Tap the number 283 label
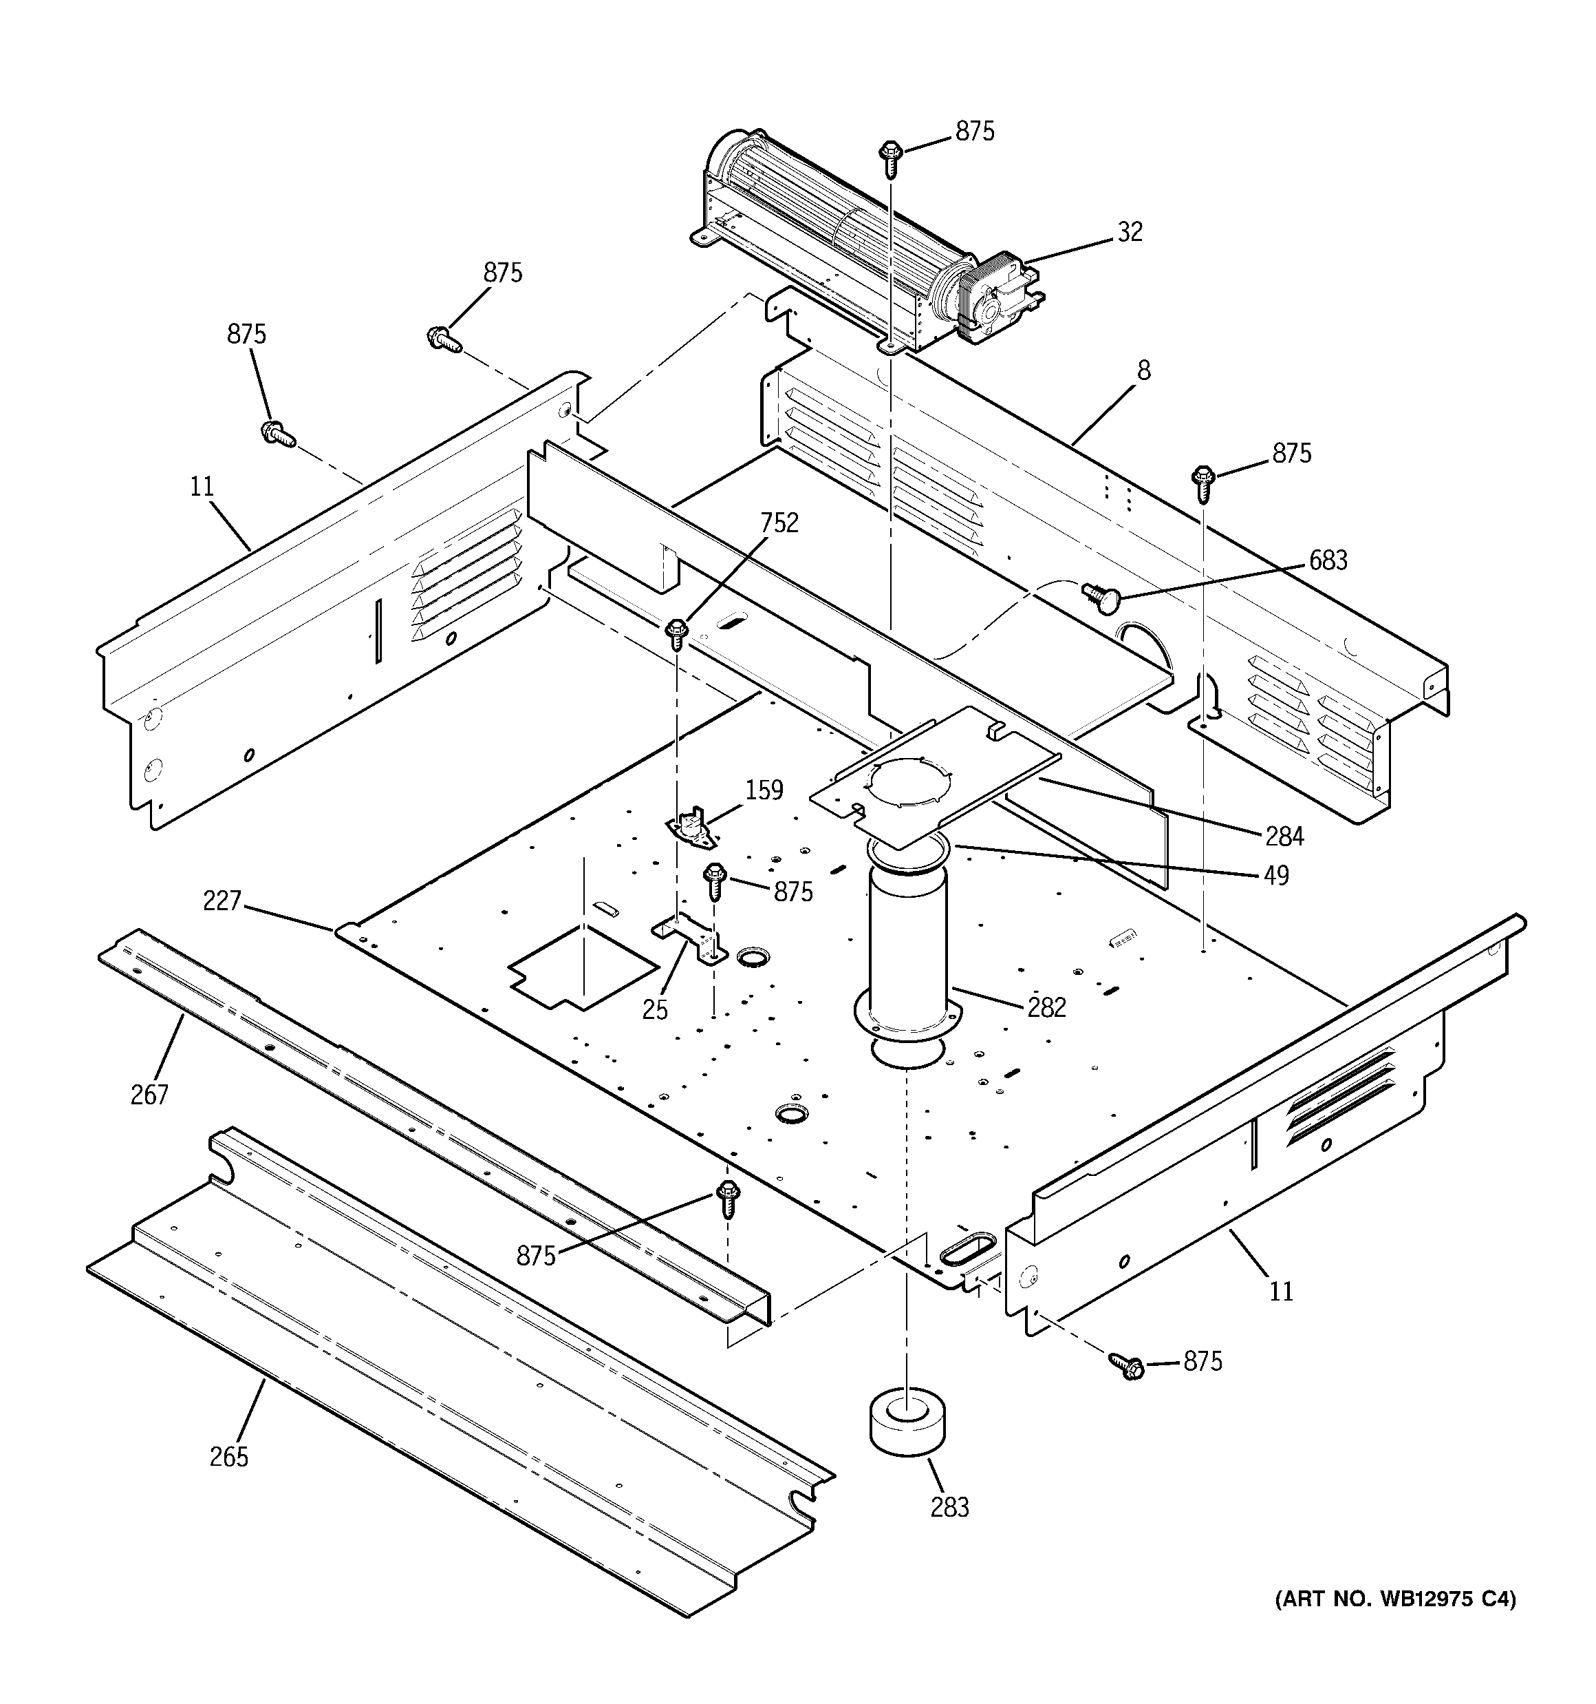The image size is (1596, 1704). point(949,1506)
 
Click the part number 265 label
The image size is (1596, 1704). point(228,1456)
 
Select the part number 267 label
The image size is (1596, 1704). point(149,1095)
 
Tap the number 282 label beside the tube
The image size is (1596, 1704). point(1047,1007)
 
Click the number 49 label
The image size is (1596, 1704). point(1275,875)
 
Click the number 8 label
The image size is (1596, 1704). point(1143,370)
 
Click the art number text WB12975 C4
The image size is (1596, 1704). point(1394,1599)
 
